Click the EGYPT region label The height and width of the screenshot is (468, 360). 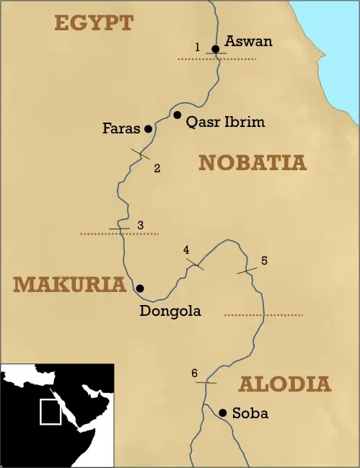pyautogui.click(x=94, y=22)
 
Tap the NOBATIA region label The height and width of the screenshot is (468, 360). pyautogui.click(x=253, y=163)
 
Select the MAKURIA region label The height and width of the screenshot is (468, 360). pyautogui.click(x=69, y=284)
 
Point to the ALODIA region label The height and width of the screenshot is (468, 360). pyautogui.click(x=284, y=384)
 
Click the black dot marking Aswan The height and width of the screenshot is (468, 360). pyautogui.click(x=215, y=49)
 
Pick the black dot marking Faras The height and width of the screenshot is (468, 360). pyautogui.click(x=148, y=129)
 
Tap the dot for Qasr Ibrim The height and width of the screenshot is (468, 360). pyautogui.click(x=177, y=115)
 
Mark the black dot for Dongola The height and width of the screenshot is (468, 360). pyautogui.click(x=140, y=288)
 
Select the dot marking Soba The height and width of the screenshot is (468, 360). pyautogui.click(x=223, y=412)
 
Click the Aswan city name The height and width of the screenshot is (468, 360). pyautogui.click(x=249, y=41)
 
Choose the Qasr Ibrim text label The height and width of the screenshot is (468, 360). pyautogui.click(x=226, y=122)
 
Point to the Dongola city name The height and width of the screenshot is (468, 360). pyautogui.click(x=170, y=312)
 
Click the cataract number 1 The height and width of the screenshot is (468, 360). pyautogui.click(x=197, y=48)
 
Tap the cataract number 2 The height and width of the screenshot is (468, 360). pyautogui.click(x=157, y=169)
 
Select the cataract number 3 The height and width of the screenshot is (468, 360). pyautogui.click(x=140, y=225)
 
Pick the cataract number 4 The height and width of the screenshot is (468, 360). pyautogui.click(x=186, y=250)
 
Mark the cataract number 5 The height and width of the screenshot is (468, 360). pyautogui.click(x=264, y=260)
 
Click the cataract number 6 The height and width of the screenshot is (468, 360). pyautogui.click(x=194, y=373)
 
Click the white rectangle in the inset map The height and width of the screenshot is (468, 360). pyautogui.click(x=50, y=412)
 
